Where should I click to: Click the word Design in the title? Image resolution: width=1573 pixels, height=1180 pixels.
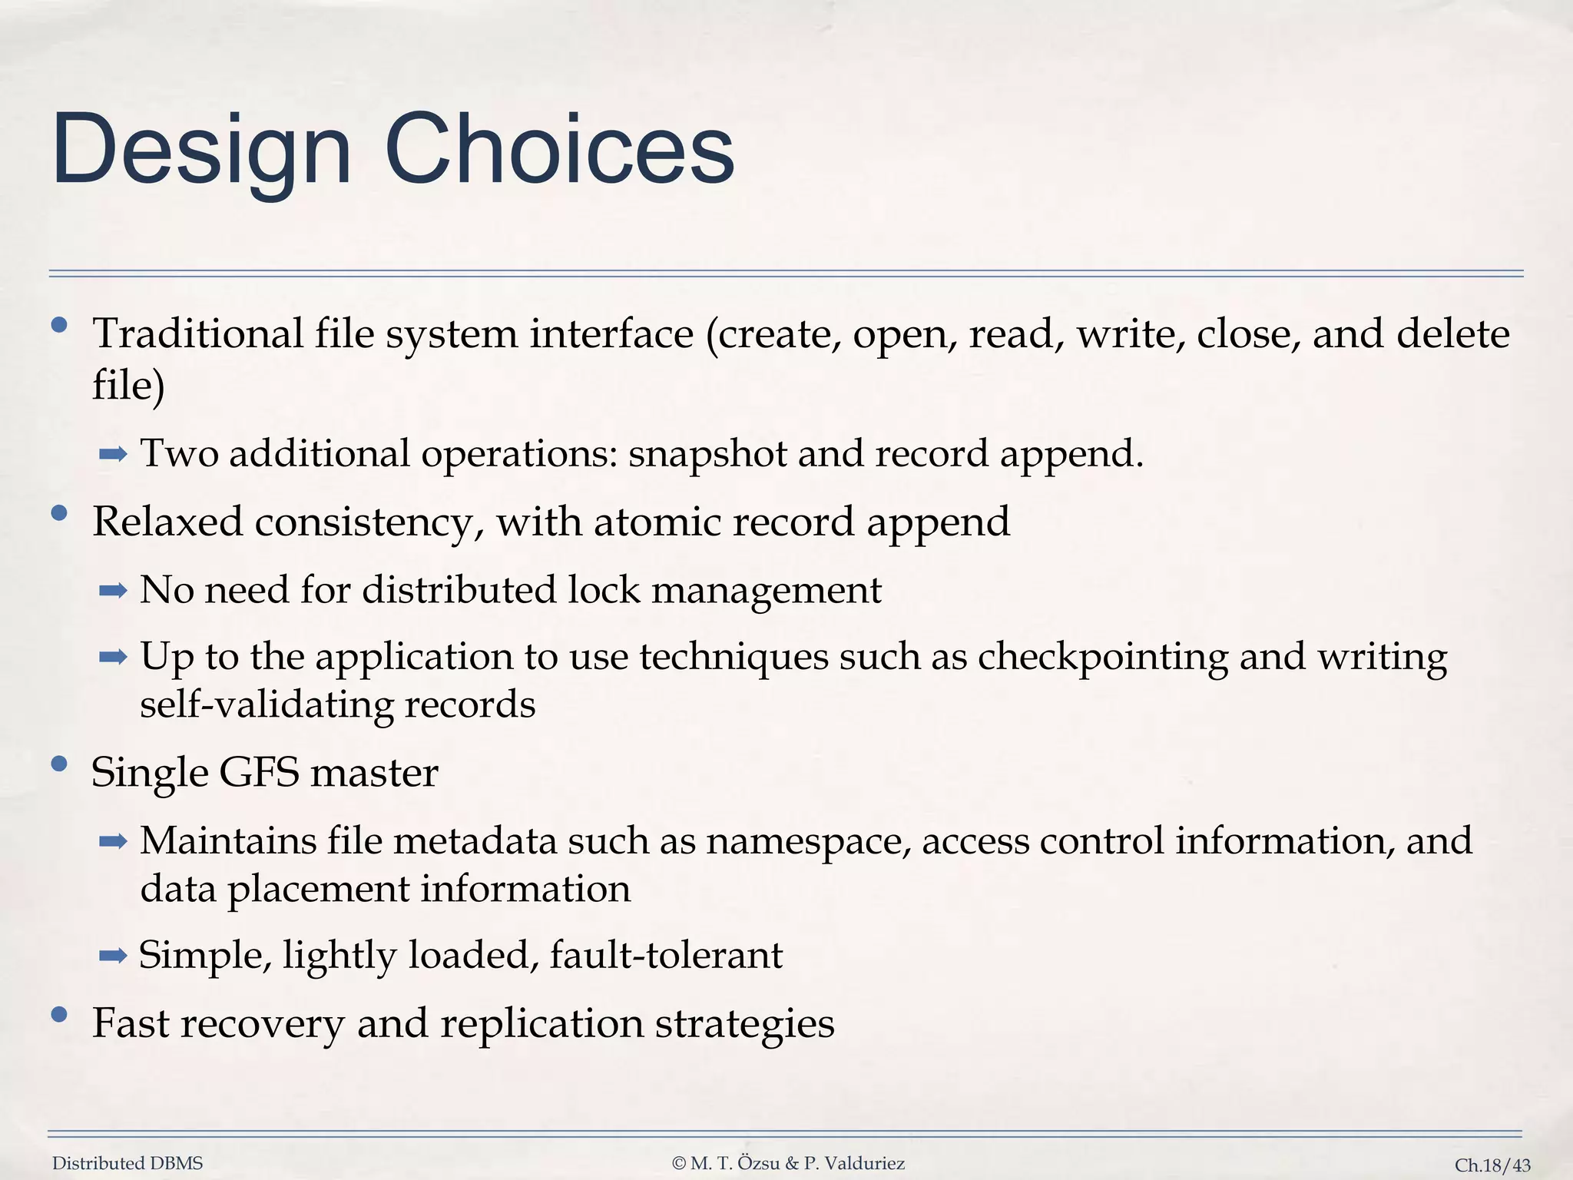(x=201, y=150)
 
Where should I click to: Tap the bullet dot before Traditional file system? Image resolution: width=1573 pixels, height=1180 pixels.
(x=59, y=325)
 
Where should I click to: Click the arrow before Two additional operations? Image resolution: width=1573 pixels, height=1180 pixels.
(x=113, y=455)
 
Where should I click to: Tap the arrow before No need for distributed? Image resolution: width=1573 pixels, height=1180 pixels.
(x=113, y=591)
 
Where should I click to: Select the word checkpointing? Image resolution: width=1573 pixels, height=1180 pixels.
(x=1102, y=658)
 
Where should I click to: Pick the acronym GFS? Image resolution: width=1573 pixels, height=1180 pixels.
(x=259, y=772)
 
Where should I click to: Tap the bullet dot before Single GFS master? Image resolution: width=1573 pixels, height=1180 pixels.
(x=59, y=764)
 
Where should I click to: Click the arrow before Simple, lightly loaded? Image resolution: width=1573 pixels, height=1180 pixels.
(x=113, y=956)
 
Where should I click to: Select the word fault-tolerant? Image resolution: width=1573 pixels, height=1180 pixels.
(x=666, y=955)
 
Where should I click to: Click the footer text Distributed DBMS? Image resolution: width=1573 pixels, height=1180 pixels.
(x=127, y=1163)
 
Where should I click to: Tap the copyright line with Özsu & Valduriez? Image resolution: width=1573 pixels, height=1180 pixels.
(x=788, y=1163)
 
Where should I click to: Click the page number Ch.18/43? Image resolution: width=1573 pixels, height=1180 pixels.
(x=1492, y=1165)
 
